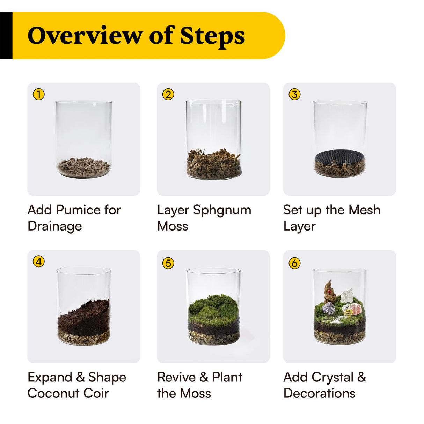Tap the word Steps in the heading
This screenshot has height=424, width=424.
click(212, 36)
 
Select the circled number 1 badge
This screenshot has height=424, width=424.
click(39, 94)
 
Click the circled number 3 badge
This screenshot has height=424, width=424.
click(294, 94)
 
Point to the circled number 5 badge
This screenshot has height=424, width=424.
click(168, 263)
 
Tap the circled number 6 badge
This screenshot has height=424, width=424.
click(294, 263)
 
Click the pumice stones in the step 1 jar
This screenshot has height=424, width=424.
click(83, 167)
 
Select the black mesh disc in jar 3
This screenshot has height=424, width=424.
click(339, 155)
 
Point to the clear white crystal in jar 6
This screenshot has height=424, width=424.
click(347, 296)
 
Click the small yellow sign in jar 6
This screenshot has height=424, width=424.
click(348, 312)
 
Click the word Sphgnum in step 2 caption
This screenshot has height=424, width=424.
click(222, 210)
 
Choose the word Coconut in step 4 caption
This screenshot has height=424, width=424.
click(53, 393)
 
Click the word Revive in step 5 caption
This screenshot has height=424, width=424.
click(176, 377)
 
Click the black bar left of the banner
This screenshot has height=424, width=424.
click(6, 35)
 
